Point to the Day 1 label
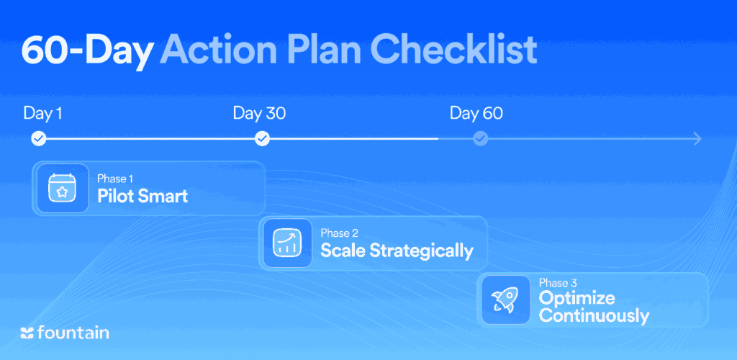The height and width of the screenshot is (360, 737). click(x=42, y=113)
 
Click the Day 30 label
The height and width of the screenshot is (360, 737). click(x=259, y=113)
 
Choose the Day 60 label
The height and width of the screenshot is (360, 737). click(x=476, y=113)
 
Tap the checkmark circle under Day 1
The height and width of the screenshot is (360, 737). click(x=39, y=139)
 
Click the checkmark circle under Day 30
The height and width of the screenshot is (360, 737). click(x=262, y=139)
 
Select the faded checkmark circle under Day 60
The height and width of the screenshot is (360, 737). click(x=480, y=139)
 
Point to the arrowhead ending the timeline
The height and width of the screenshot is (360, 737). click(x=697, y=139)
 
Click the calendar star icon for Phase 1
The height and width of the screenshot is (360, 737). click(x=63, y=188)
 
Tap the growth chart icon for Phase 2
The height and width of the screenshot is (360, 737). click(x=287, y=243)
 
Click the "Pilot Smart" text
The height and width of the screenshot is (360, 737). click(x=143, y=196)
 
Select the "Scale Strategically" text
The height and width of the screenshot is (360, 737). click(x=397, y=251)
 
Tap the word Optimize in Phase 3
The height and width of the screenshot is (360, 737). click(x=577, y=298)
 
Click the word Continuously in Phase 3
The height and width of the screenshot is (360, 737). click(x=594, y=315)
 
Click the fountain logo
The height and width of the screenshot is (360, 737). click(x=65, y=333)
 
